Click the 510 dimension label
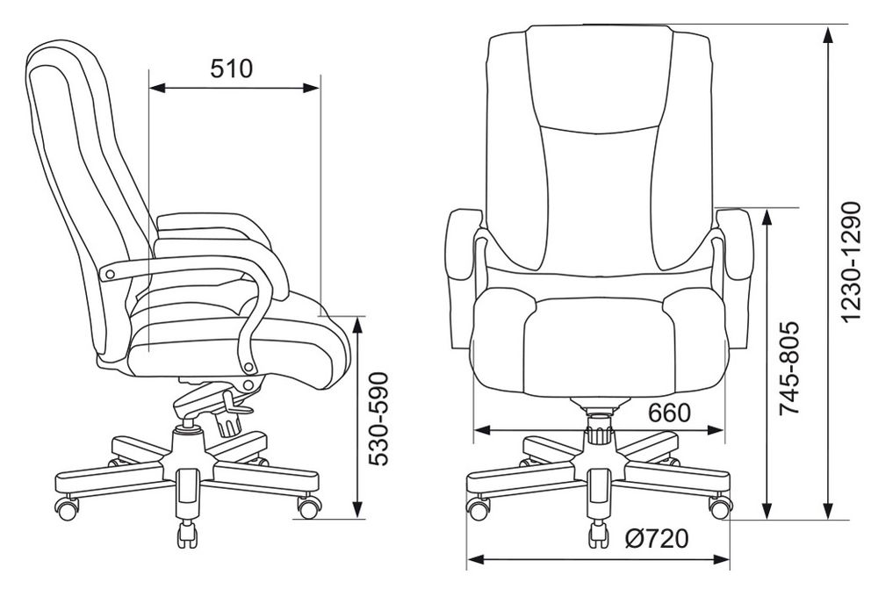231,68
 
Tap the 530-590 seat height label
378,418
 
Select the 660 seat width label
669,413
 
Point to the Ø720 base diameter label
657,539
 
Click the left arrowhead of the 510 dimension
158,88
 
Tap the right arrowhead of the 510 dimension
311,88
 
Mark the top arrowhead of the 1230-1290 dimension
828,35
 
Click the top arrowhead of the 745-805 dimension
766,217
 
